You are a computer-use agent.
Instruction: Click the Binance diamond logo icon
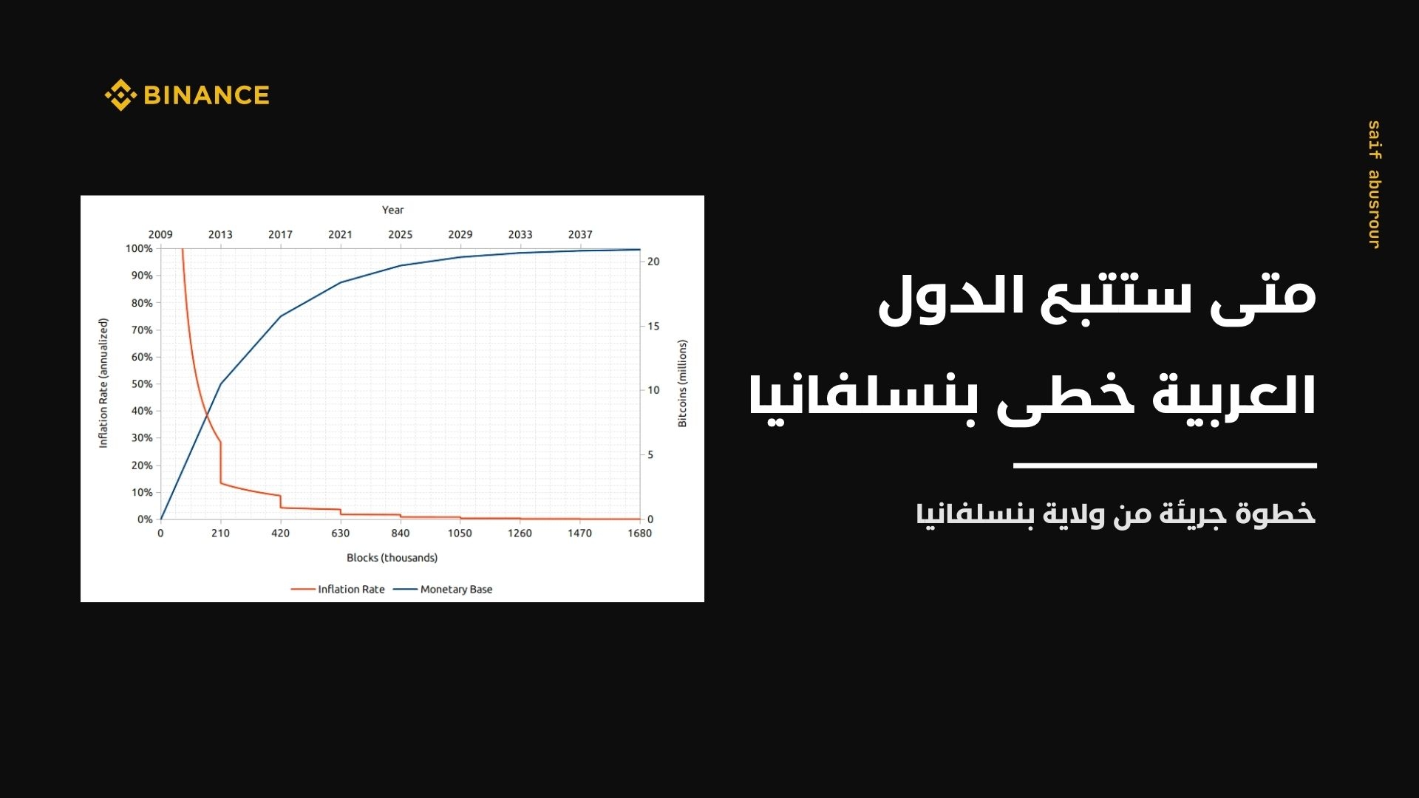120,95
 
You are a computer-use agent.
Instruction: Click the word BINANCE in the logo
206,95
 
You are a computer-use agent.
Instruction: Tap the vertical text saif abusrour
1373,185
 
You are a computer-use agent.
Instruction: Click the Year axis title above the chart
392,210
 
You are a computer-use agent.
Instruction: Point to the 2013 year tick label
220,234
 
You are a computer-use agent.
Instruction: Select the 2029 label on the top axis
460,234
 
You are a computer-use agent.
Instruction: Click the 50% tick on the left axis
142,384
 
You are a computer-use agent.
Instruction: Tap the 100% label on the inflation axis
139,248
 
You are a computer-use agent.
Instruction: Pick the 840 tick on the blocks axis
400,533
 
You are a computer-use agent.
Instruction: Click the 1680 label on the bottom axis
639,533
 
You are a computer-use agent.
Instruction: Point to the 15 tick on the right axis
653,326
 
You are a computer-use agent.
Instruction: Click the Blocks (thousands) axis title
392,558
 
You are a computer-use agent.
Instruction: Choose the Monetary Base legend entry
443,590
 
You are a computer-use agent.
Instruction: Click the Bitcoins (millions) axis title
682,383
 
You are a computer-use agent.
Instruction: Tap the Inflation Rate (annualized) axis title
103,383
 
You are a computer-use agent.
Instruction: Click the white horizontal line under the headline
1165,465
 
